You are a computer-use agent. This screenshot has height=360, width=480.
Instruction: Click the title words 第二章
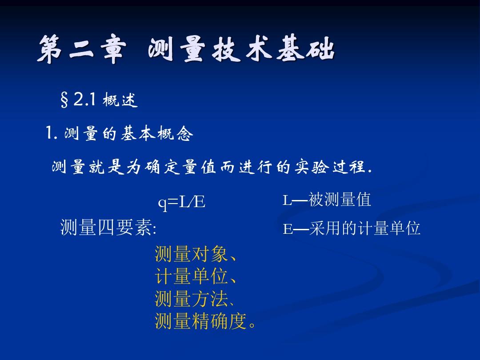[x=81, y=49]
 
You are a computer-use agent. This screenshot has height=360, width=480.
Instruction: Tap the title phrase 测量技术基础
[x=241, y=48]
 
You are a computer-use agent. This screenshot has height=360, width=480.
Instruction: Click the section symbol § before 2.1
[x=64, y=100]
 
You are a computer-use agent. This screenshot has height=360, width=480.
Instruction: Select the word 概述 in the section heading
[x=120, y=100]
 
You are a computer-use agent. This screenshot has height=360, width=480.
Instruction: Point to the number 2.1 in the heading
[x=85, y=100]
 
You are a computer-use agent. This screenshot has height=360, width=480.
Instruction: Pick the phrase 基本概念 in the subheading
[x=157, y=133]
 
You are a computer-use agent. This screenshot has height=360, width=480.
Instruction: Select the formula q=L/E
[x=181, y=202]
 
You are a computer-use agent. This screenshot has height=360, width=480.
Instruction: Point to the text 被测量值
[x=340, y=200]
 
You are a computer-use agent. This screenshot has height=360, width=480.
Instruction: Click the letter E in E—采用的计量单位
[x=288, y=229]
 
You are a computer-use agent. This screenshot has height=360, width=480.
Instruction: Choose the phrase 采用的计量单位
[x=364, y=228]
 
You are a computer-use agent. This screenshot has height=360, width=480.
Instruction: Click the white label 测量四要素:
[x=108, y=228]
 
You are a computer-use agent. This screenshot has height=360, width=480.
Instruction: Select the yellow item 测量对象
[x=191, y=254]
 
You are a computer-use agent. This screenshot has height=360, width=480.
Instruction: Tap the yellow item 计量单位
[x=191, y=276]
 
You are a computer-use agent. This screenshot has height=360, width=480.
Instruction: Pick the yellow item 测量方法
[x=191, y=299]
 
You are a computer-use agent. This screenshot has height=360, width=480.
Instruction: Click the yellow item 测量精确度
[x=200, y=321]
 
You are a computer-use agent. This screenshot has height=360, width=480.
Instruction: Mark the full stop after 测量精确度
[x=252, y=325]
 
